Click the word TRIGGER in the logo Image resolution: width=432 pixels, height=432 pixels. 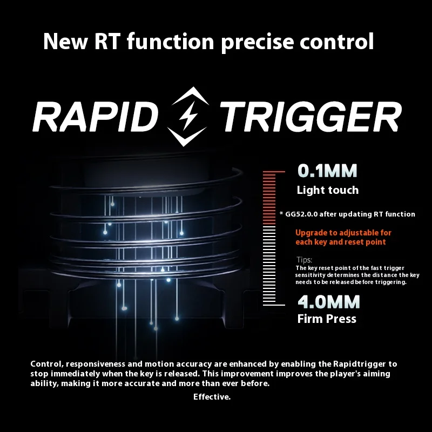click(310, 117)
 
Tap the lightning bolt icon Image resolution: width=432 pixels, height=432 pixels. click(188, 116)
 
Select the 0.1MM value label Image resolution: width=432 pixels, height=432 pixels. click(327, 171)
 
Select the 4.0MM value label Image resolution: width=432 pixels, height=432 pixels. click(329, 302)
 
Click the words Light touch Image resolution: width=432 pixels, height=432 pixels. click(328, 190)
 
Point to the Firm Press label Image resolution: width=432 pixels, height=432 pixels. click(327, 319)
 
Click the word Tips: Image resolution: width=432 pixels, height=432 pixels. click(304, 260)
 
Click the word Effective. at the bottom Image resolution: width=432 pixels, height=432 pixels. click(212, 397)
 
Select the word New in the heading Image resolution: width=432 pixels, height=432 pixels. click(65, 42)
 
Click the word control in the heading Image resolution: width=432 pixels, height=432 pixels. click(336, 42)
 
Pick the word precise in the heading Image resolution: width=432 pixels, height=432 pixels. click(258, 43)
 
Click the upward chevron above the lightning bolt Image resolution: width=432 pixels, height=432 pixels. click(190, 97)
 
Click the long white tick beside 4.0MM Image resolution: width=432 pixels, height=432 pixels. click(274, 305)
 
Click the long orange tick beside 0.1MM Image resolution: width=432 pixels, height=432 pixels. click(274, 172)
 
